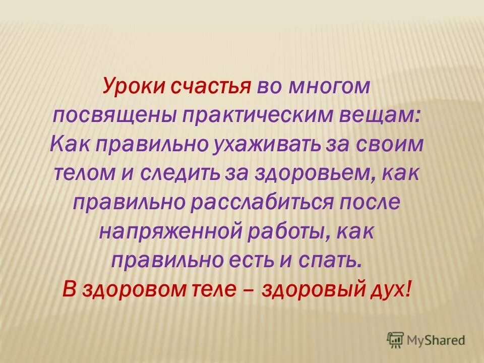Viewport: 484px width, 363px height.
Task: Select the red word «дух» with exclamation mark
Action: [391, 289]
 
